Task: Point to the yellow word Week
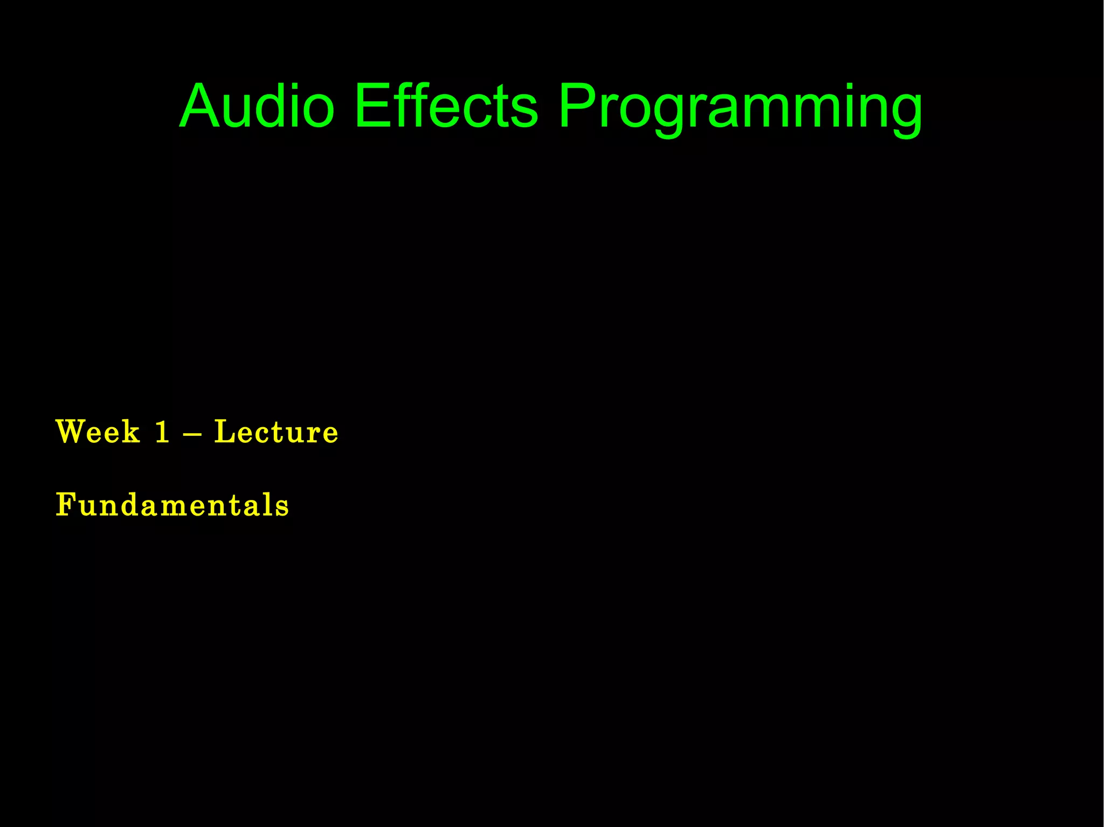click(98, 432)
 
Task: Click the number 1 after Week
click(162, 432)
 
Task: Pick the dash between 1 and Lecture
click(192, 433)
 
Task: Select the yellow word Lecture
click(276, 432)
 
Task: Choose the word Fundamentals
click(172, 505)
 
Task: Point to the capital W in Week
click(73, 432)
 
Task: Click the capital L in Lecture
click(226, 432)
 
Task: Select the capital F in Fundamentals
click(66, 505)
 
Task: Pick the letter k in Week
click(130, 432)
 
